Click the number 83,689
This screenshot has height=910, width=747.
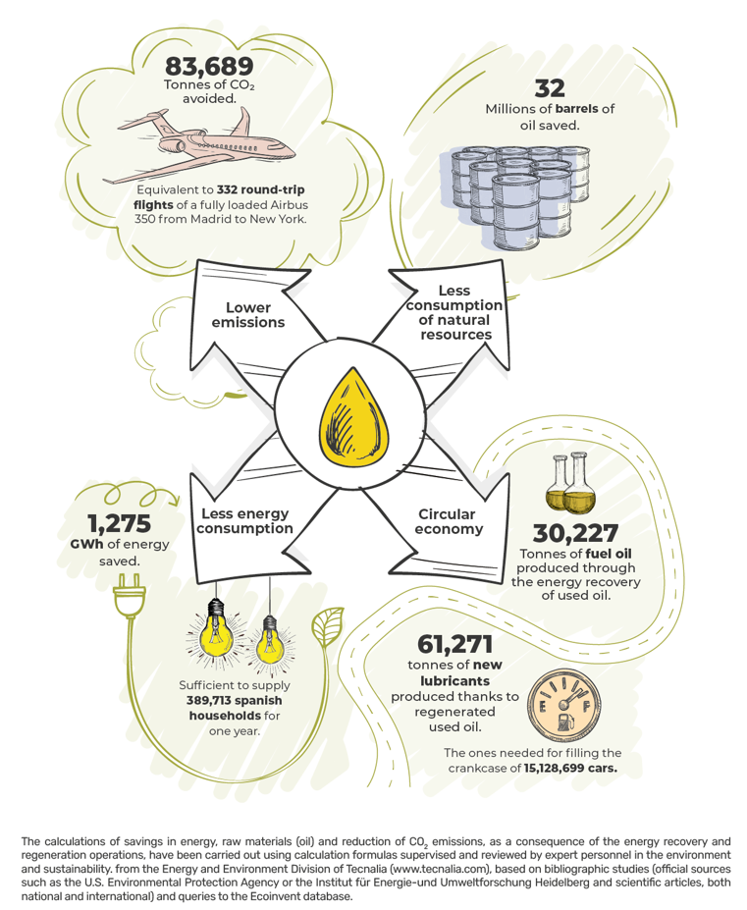pos(209,66)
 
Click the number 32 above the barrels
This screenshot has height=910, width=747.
pos(550,88)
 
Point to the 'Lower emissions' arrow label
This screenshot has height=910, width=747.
pos(248,315)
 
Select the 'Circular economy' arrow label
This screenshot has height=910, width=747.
pos(449,521)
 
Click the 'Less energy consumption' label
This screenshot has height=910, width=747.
pos(244,521)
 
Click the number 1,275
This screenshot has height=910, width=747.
pos(120,524)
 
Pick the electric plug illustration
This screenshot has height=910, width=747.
pos(129,596)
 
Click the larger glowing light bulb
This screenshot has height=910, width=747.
pos(217,631)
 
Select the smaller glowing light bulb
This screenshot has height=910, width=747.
pos(269,642)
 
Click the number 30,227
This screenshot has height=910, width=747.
pos(576,533)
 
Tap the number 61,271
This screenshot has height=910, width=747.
pos(455,644)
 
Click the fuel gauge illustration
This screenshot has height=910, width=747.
pos(563,706)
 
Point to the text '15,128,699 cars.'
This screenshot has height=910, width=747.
pos(570,768)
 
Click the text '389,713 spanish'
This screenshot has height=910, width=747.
pos(235,701)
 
